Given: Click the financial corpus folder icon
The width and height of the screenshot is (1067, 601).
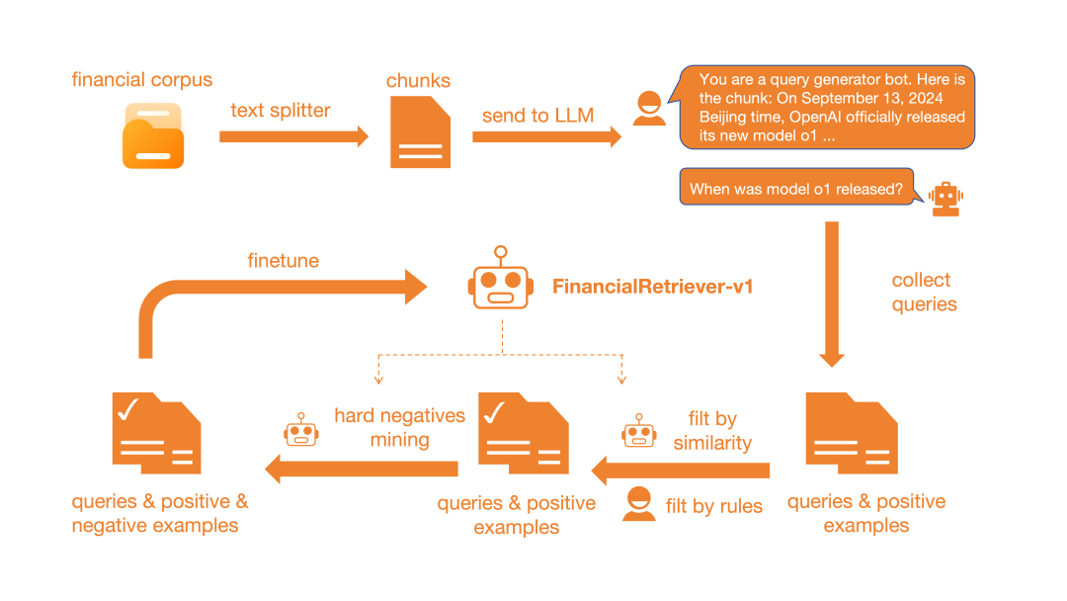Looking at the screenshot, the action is coord(153,135).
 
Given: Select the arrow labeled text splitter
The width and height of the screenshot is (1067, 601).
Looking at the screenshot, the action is coord(293,136).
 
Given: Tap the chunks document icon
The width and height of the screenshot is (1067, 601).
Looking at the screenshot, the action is coord(420,132).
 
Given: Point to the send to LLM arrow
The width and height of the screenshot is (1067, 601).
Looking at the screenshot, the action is coord(546,136).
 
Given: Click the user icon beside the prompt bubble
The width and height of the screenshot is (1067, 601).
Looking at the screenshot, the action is coord(649,108).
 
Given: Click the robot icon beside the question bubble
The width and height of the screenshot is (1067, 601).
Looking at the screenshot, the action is coord(945,199).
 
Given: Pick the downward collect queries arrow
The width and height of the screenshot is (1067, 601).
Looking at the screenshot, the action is coord(832,294).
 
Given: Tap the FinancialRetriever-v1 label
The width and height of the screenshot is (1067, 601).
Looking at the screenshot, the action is coord(652,287).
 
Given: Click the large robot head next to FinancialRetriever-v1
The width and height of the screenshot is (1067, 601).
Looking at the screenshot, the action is coord(501,279).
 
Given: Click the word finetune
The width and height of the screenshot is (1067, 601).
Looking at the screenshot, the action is coord(284,261).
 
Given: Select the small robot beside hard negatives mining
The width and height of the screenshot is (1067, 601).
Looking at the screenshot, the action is coord(301,430).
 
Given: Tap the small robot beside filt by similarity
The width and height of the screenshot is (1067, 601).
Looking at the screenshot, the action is coord(639,431).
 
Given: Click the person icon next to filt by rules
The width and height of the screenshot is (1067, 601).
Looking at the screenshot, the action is coord(639,504).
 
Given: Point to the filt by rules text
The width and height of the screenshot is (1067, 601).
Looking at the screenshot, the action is coord(714,506).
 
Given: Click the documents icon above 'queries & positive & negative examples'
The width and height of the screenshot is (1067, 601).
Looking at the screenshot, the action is coord(156,433).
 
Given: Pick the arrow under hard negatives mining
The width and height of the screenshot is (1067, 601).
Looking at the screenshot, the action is coord(362,469).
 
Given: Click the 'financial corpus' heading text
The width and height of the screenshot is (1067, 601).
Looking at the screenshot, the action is coord(142,80).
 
